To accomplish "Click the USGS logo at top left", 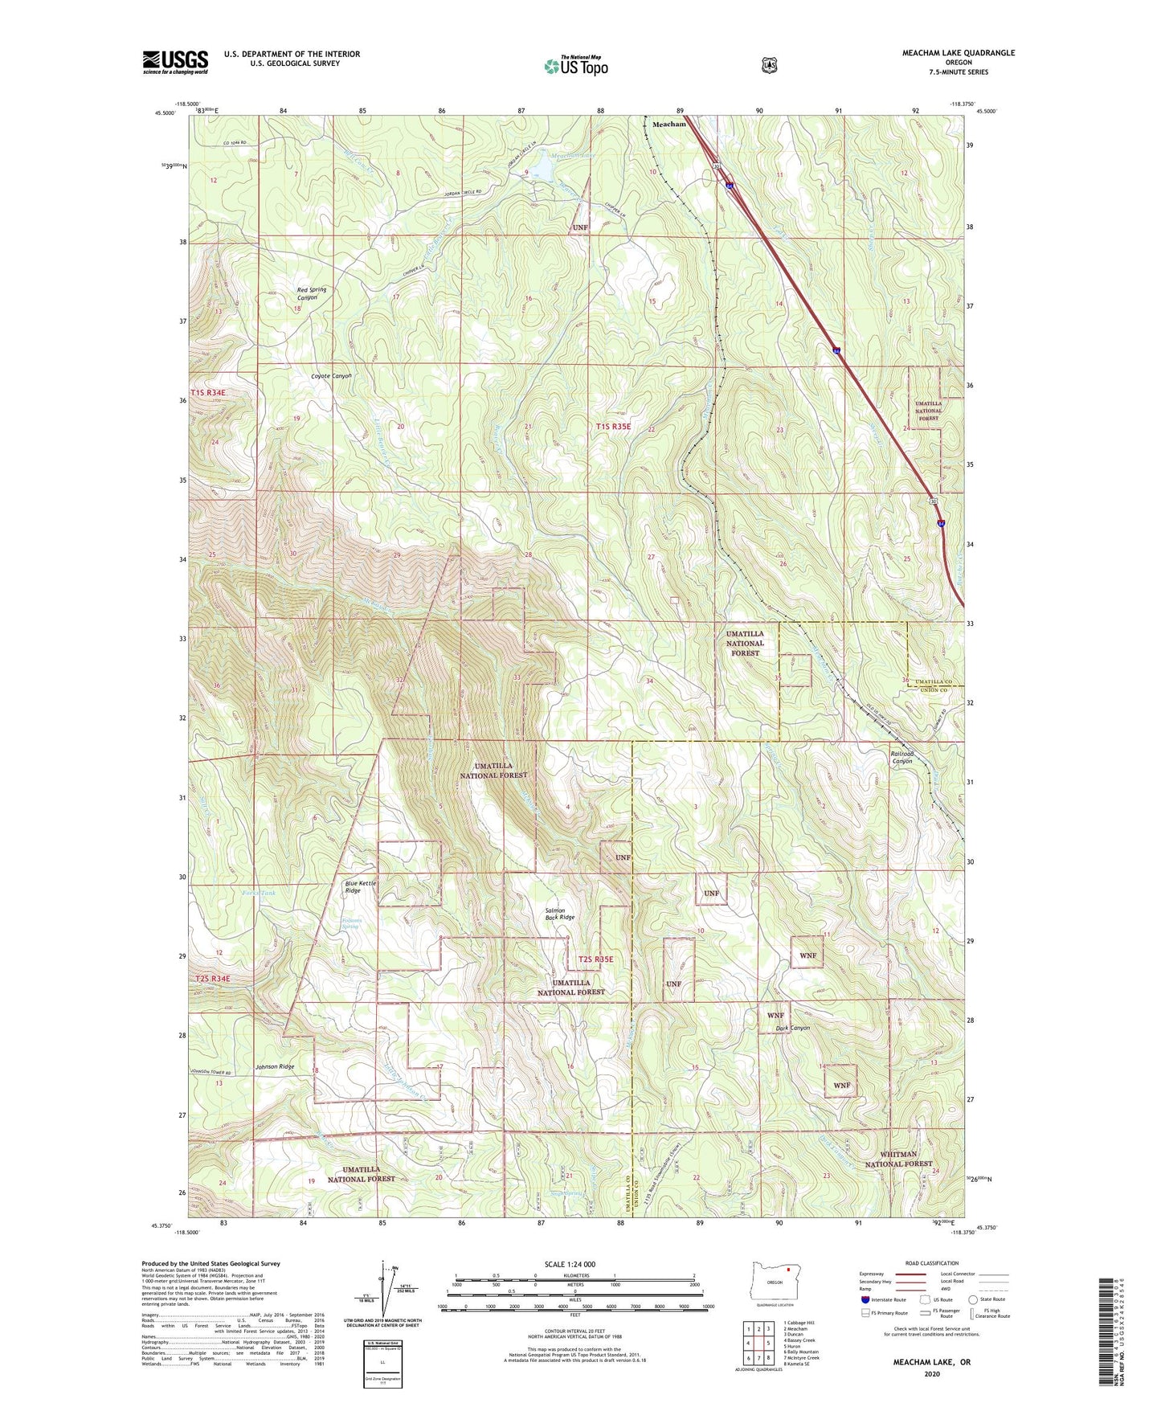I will coord(175,62).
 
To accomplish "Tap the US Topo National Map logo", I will coord(574,65).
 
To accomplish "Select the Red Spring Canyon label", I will coord(307,293).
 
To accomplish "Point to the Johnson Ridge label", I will coord(274,1067).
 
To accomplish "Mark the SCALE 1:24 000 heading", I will coord(570,1264).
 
